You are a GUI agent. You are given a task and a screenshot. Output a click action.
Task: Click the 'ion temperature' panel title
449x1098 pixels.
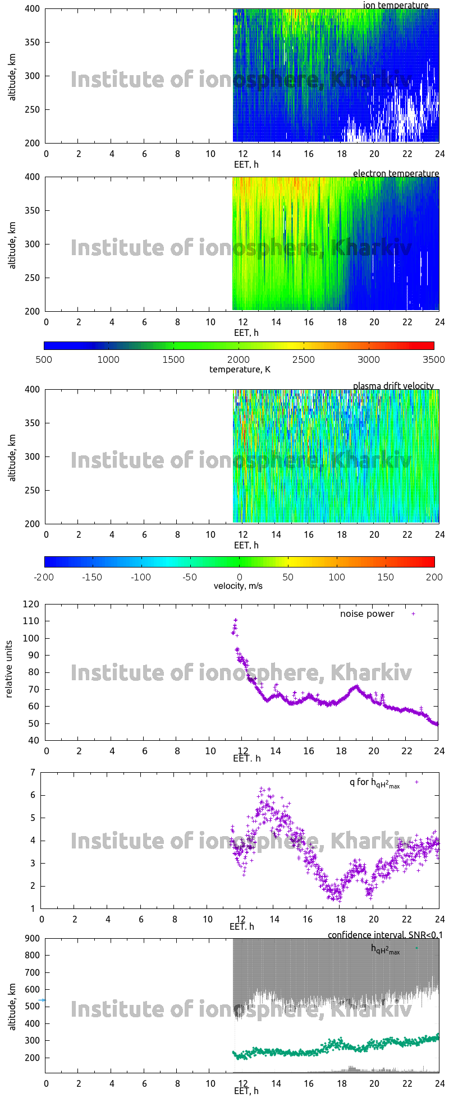[x=396, y=5]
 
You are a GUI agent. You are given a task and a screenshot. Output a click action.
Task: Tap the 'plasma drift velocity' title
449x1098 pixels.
[x=393, y=386]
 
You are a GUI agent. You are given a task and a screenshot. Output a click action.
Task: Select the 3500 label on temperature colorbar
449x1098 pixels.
[x=434, y=359]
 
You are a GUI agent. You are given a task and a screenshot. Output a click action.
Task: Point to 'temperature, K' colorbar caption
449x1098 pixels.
[x=240, y=369]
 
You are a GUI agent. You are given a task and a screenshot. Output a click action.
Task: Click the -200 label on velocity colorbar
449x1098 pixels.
[x=44, y=576]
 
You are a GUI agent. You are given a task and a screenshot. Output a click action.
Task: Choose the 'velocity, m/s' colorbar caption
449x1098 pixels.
[x=238, y=586]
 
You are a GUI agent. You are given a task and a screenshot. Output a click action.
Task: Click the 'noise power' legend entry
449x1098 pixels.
[x=367, y=613]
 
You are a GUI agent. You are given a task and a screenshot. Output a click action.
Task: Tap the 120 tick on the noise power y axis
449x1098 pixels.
[x=31, y=604]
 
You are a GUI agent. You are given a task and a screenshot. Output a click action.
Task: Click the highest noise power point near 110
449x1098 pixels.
[x=236, y=620]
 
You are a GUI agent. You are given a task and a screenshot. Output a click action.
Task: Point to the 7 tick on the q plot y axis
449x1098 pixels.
[x=33, y=772]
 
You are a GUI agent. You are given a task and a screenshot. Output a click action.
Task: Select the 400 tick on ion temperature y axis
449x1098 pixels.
[x=33, y=8]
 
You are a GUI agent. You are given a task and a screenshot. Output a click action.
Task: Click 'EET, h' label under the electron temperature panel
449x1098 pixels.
[x=246, y=333]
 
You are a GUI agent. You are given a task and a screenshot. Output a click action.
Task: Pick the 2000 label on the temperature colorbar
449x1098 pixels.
[x=239, y=359]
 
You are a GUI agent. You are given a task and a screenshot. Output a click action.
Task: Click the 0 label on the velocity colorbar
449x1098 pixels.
[x=239, y=576]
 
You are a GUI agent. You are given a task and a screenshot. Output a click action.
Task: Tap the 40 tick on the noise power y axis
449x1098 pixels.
[x=34, y=740]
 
